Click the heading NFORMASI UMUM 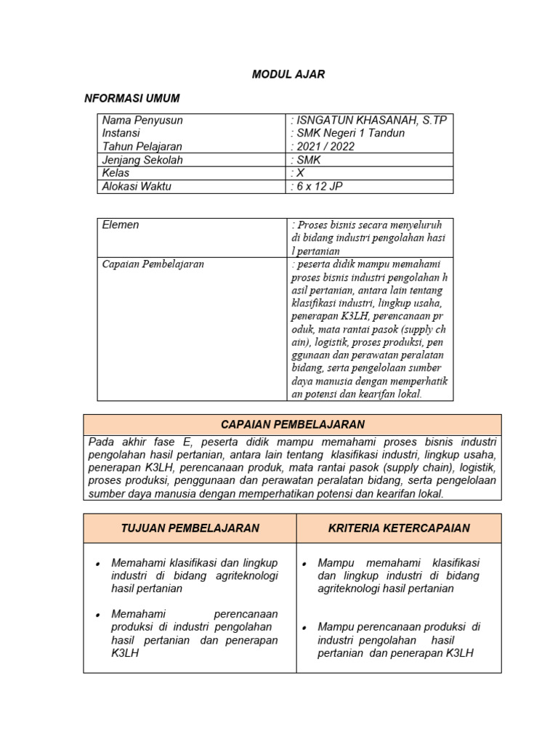(x=132, y=98)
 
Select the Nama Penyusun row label (x=142, y=120)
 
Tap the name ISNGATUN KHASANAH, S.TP (x=368, y=120)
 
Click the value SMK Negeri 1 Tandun (x=347, y=133)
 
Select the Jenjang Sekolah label (x=142, y=160)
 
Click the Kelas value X (x=299, y=174)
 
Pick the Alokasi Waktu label (x=137, y=187)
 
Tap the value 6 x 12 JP (x=318, y=187)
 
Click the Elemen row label (x=121, y=225)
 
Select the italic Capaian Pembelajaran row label (x=153, y=264)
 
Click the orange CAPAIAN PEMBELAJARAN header (x=293, y=424)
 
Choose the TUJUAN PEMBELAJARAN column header (x=190, y=528)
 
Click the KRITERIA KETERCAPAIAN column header (x=398, y=528)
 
